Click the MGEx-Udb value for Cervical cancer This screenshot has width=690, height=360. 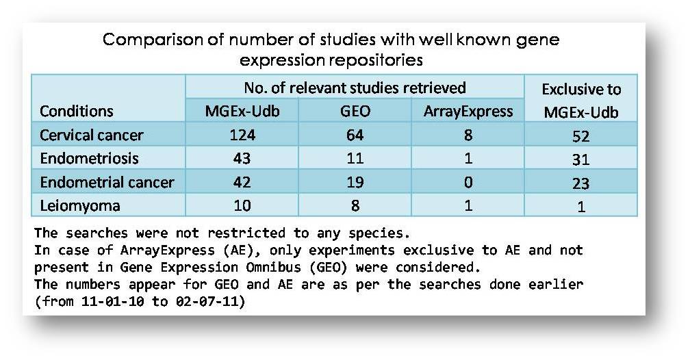click(242, 135)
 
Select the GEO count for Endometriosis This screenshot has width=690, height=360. click(355, 158)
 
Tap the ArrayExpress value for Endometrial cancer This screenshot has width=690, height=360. click(468, 182)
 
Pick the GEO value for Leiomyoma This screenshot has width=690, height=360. click(355, 205)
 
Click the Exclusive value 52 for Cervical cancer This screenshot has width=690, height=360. click(581, 136)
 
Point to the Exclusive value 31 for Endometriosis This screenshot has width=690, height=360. click(581, 159)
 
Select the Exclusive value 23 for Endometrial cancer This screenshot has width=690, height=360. click(581, 183)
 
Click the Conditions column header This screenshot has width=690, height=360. click(77, 111)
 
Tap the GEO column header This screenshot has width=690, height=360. click(355, 111)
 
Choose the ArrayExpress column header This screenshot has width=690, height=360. click(468, 112)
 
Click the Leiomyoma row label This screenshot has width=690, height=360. click(79, 205)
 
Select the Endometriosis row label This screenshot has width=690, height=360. click(89, 158)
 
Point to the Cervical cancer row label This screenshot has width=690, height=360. click(92, 135)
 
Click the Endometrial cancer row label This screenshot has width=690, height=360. click(107, 182)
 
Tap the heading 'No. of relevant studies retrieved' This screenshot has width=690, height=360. click(355, 88)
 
